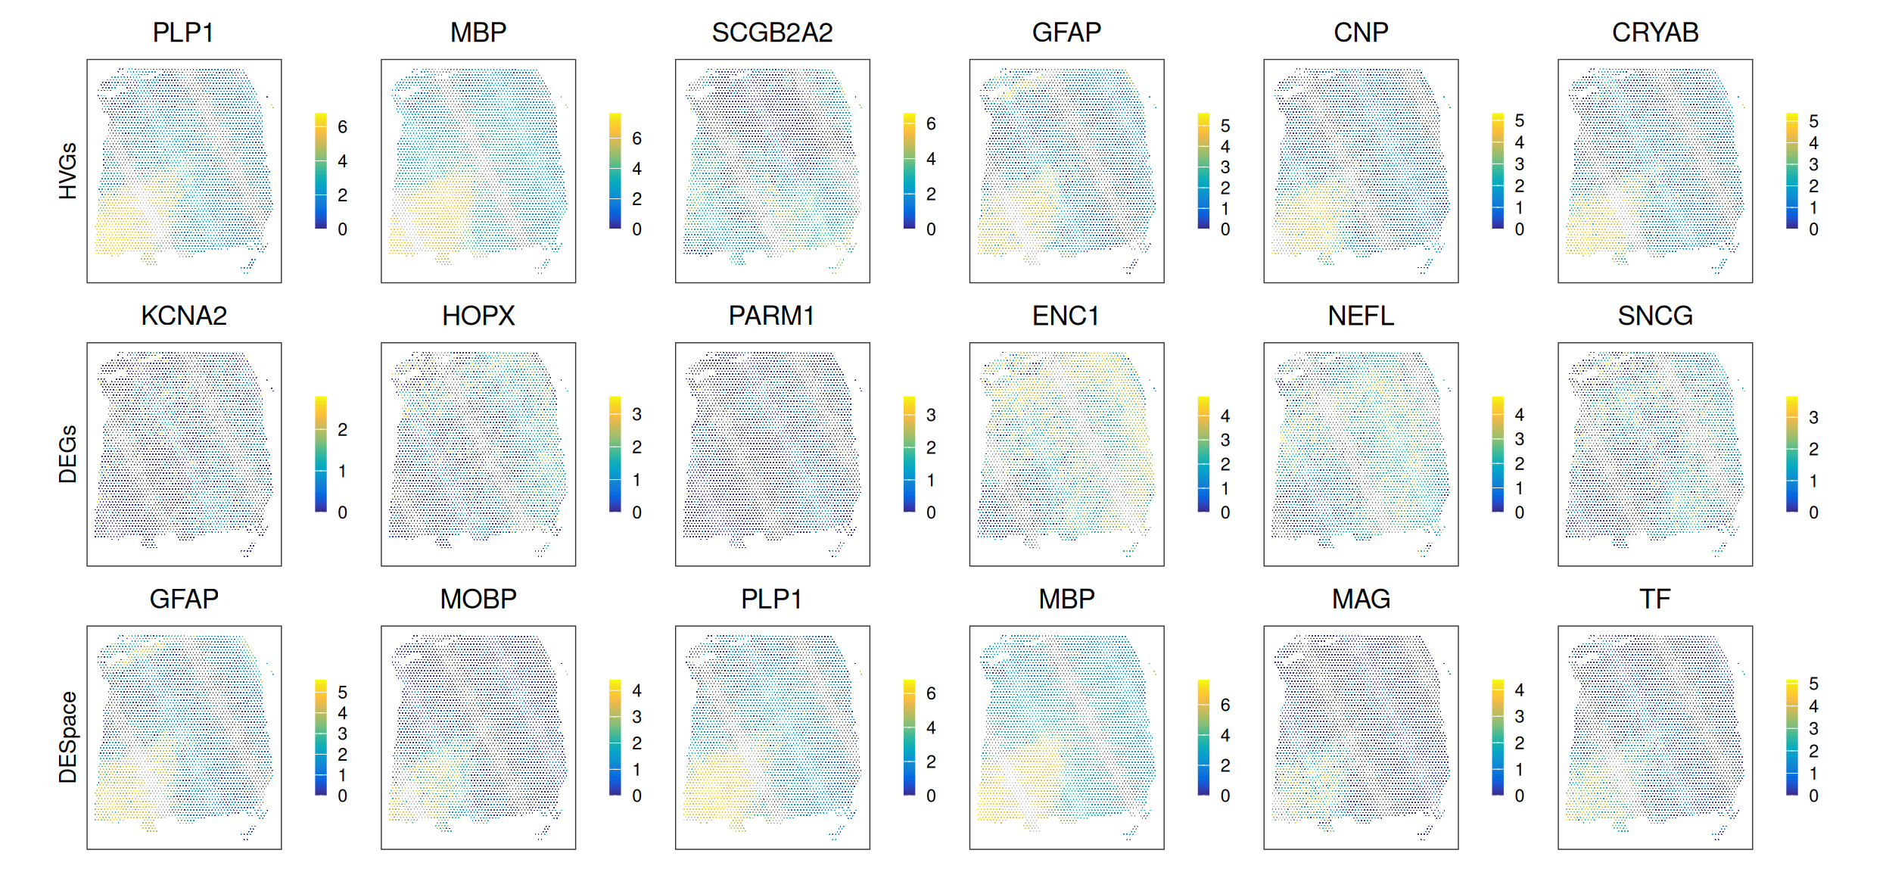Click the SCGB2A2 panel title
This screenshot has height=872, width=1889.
[x=772, y=33]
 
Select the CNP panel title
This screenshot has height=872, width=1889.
[x=1361, y=33]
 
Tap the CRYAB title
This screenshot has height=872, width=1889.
[x=1655, y=33]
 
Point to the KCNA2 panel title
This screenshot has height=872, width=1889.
[x=184, y=316]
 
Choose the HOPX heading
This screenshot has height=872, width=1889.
[x=478, y=316]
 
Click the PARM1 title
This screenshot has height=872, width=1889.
[x=772, y=316]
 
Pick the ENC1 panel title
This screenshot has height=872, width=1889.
[x=1066, y=316]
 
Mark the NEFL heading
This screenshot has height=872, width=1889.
[x=1361, y=316]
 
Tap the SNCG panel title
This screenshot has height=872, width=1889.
[x=1655, y=316]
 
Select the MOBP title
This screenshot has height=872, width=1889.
[x=478, y=599]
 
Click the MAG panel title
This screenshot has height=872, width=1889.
[x=1361, y=599]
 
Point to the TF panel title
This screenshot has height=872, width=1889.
[x=1655, y=599]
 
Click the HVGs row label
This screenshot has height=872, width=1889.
[x=68, y=171]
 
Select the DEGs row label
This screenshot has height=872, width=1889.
[x=68, y=454]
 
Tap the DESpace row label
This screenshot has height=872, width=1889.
[x=68, y=737]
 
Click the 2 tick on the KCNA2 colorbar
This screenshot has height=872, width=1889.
[x=343, y=430]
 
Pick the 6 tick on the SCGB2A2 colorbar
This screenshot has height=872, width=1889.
[x=931, y=123]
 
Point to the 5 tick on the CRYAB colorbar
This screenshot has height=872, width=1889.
[x=1813, y=121]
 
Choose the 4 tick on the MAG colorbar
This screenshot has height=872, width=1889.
[x=1519, y=690]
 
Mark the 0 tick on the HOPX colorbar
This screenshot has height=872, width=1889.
[x=636, y=512]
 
